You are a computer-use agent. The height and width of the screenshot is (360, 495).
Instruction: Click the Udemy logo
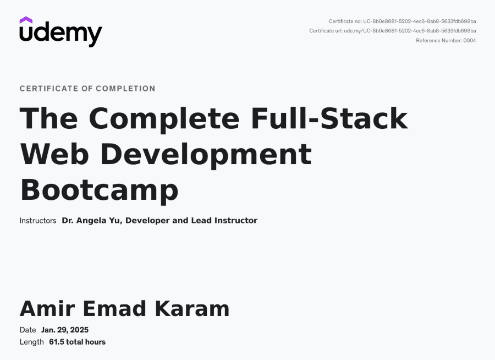tap(61, 32)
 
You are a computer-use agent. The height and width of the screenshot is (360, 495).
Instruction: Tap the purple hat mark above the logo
tap(26, 20)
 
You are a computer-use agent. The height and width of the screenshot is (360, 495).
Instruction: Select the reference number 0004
tap(470, 40)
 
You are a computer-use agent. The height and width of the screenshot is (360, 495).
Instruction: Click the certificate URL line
tap(392, 31)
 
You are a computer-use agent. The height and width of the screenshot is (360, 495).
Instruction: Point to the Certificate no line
tap(402, 21)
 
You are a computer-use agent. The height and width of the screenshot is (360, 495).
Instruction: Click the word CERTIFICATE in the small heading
tap(49, 89)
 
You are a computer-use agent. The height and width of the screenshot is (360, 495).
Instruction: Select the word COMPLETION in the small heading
tap(125, 89)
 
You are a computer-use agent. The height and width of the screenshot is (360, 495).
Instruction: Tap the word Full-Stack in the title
tap(329, 118)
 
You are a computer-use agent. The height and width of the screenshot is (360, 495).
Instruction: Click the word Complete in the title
tap(164, 121)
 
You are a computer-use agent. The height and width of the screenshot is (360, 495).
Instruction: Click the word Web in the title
tap(54, 154)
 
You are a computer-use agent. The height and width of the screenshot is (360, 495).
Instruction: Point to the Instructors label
tap(38, 220)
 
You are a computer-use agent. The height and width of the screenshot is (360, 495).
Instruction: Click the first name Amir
tap(47, 308)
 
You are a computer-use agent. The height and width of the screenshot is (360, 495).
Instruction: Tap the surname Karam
tap(193, 308)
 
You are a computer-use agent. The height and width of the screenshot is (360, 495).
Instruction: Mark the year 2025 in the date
tap(79, 330)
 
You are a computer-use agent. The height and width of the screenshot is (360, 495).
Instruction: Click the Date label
tap(28, 330)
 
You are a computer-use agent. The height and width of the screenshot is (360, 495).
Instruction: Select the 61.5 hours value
tap(78, 342)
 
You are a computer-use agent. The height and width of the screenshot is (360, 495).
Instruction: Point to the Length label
tap(31, 342)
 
